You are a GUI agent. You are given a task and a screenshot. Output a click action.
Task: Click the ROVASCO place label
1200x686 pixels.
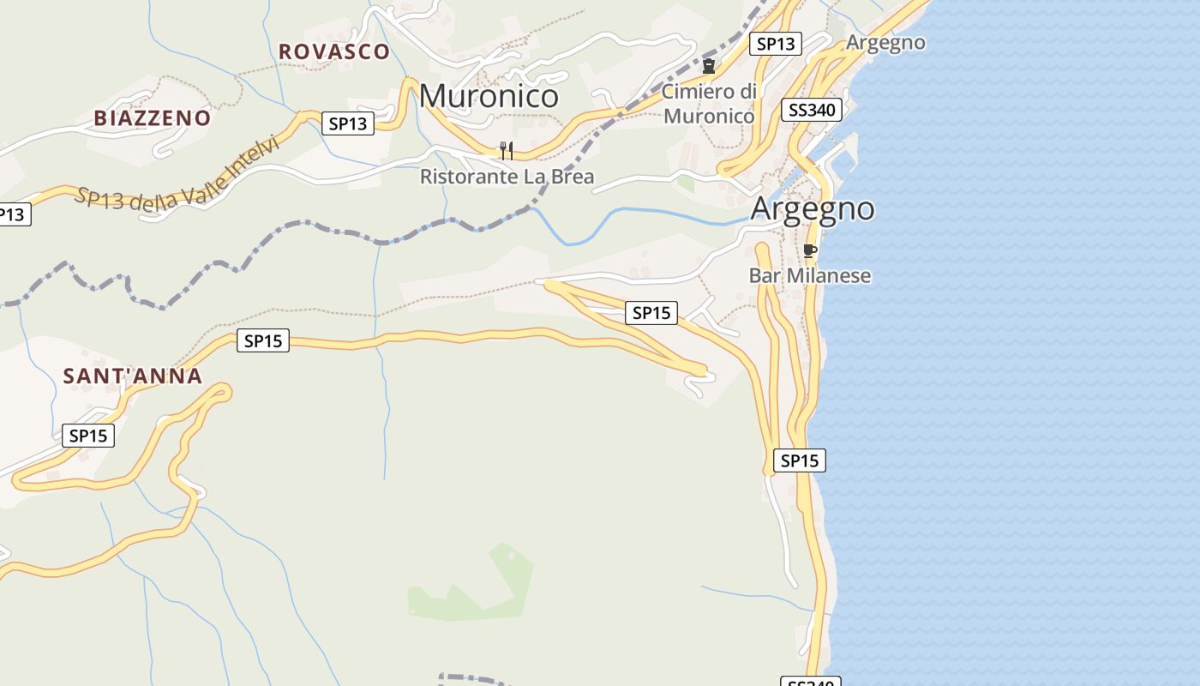334,51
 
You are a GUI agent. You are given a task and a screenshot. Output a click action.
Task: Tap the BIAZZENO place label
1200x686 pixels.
153,118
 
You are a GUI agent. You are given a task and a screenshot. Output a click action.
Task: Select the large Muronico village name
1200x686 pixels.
489,95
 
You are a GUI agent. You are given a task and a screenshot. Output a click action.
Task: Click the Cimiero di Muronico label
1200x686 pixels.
709,103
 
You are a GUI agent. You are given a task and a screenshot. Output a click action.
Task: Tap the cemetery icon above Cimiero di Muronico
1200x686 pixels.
709,66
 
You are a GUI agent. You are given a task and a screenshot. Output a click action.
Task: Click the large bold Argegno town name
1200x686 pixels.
813,208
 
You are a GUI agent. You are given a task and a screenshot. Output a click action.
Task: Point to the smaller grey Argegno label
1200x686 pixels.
885,42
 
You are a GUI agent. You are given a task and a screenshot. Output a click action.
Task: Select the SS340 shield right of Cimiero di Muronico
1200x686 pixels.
812,110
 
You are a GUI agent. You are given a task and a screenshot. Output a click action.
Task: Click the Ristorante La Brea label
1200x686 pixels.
507,177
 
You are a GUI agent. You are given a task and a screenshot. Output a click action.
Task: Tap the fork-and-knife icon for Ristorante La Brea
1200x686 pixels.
507,152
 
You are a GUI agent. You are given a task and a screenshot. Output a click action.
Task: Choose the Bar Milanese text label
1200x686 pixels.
809,275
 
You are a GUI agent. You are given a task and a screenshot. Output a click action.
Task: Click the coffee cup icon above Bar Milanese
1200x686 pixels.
809,251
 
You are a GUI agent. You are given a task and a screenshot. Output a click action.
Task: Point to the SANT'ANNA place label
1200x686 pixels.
133,376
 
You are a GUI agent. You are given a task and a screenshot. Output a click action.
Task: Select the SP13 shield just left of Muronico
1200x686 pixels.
348,123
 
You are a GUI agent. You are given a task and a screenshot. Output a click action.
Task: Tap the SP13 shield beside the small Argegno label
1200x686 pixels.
775,44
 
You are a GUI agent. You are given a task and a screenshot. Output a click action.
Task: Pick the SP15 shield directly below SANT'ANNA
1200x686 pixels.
87,436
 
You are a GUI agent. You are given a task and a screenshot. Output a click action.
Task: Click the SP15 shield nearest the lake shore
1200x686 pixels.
799,460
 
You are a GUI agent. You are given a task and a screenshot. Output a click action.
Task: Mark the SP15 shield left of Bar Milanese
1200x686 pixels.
651,313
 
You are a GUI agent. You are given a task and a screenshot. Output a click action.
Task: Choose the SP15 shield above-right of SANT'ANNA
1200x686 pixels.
262,340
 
